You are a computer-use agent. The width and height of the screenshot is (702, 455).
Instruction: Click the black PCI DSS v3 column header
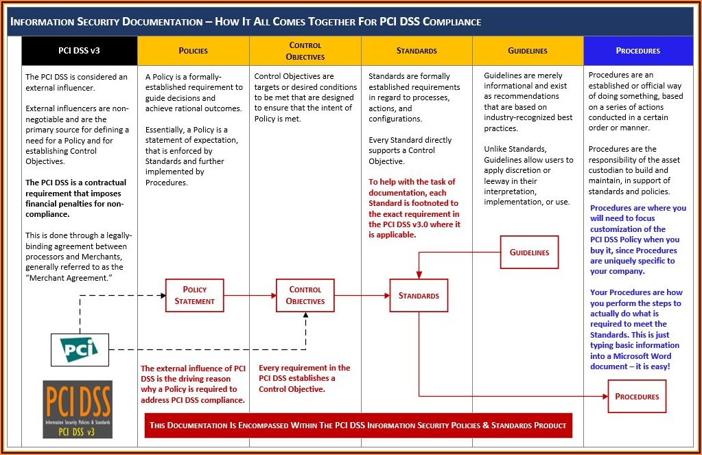tap(80, 51)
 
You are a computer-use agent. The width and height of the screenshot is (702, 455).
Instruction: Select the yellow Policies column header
tap(193, 51)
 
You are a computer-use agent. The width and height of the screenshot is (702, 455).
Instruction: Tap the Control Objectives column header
tap(305, 51)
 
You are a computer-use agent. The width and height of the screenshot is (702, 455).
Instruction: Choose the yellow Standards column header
tap(417, 51)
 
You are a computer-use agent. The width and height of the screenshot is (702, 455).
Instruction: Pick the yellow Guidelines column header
tap(528, 51)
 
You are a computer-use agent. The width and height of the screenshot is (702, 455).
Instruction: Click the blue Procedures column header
tap(637, 51)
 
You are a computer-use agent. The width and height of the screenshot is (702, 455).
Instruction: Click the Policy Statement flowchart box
tap(195, 295)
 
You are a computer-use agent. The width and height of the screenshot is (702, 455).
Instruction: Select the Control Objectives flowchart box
tap(305, 295)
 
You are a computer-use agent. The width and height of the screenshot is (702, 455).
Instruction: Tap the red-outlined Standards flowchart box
tap(419, 296)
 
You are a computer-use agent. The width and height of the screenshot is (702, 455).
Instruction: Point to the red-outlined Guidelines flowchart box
tap(529, 253)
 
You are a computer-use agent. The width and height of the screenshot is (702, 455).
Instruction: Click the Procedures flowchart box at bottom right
tap(637, 397)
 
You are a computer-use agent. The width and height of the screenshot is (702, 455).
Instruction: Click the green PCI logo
tap(80, 349)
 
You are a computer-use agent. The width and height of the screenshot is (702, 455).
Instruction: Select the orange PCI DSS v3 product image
tap(78, 409)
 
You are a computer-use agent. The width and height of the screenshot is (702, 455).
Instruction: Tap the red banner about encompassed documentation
tap(358, 425)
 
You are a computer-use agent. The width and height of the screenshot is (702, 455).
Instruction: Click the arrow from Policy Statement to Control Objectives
tap(250, 296)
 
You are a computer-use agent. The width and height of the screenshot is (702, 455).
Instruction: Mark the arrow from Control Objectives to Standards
tap(362, 296)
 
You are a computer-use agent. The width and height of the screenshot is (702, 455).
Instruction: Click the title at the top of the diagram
tap(246, 22)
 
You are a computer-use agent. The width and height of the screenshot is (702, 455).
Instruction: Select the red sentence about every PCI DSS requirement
tap(304, 378)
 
